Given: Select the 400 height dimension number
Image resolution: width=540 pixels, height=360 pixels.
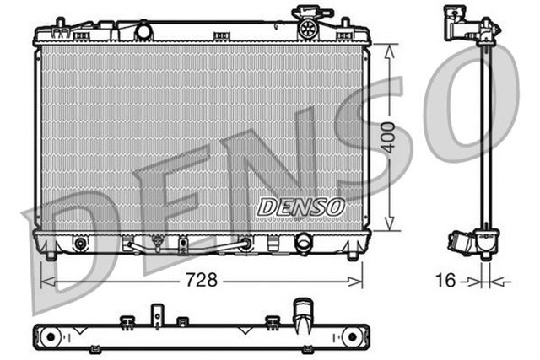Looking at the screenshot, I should [387, 137].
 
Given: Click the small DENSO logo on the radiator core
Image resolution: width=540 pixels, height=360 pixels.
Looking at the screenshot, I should [300, 206].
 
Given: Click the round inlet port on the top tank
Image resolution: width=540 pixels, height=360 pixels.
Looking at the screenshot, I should [143, 31].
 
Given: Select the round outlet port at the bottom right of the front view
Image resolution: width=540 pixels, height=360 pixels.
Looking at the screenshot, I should [303, 242].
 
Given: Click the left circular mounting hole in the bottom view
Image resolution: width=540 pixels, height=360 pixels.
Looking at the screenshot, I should [50, 337].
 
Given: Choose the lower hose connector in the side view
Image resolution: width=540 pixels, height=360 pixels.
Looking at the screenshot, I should [467, 242].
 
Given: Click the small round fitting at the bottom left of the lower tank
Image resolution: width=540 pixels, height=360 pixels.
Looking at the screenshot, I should [80, 244].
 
